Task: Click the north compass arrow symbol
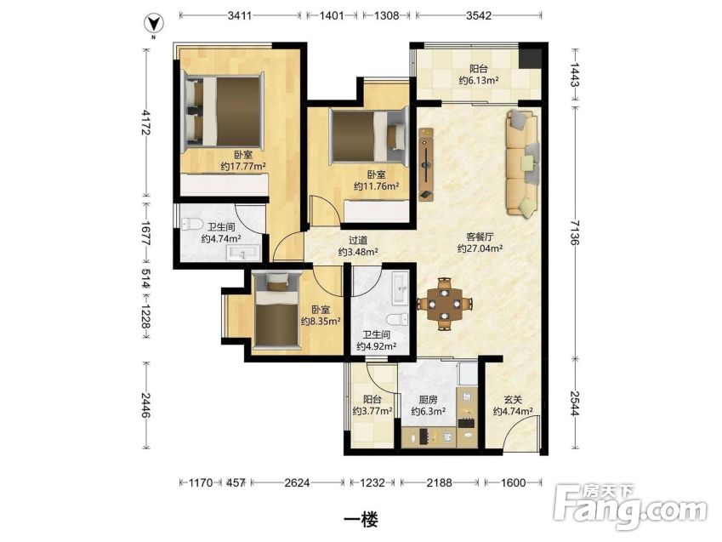[x=153, y=24]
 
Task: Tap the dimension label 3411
[x=240, y=15]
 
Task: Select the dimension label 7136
[x=575, y=231]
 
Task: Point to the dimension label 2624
[x=297, y=482]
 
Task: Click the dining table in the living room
[x=445, y=305]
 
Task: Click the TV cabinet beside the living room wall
[x=426, y=164]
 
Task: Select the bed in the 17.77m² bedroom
[x=224, y=111]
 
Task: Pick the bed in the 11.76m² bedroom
[x=369, y=136]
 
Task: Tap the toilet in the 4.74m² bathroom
[x=192, y=225]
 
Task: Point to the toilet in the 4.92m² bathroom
[x=397, y=319]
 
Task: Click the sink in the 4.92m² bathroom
[x=401, y=288]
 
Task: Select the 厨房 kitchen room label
[x=428, y=400]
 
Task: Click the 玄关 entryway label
[x=513, y=400]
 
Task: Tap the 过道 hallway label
[x=358, y=240]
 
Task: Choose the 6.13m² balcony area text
[x=479, y=80]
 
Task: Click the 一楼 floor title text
[x=361, y=520]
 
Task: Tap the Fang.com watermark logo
[x=630, y=507]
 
